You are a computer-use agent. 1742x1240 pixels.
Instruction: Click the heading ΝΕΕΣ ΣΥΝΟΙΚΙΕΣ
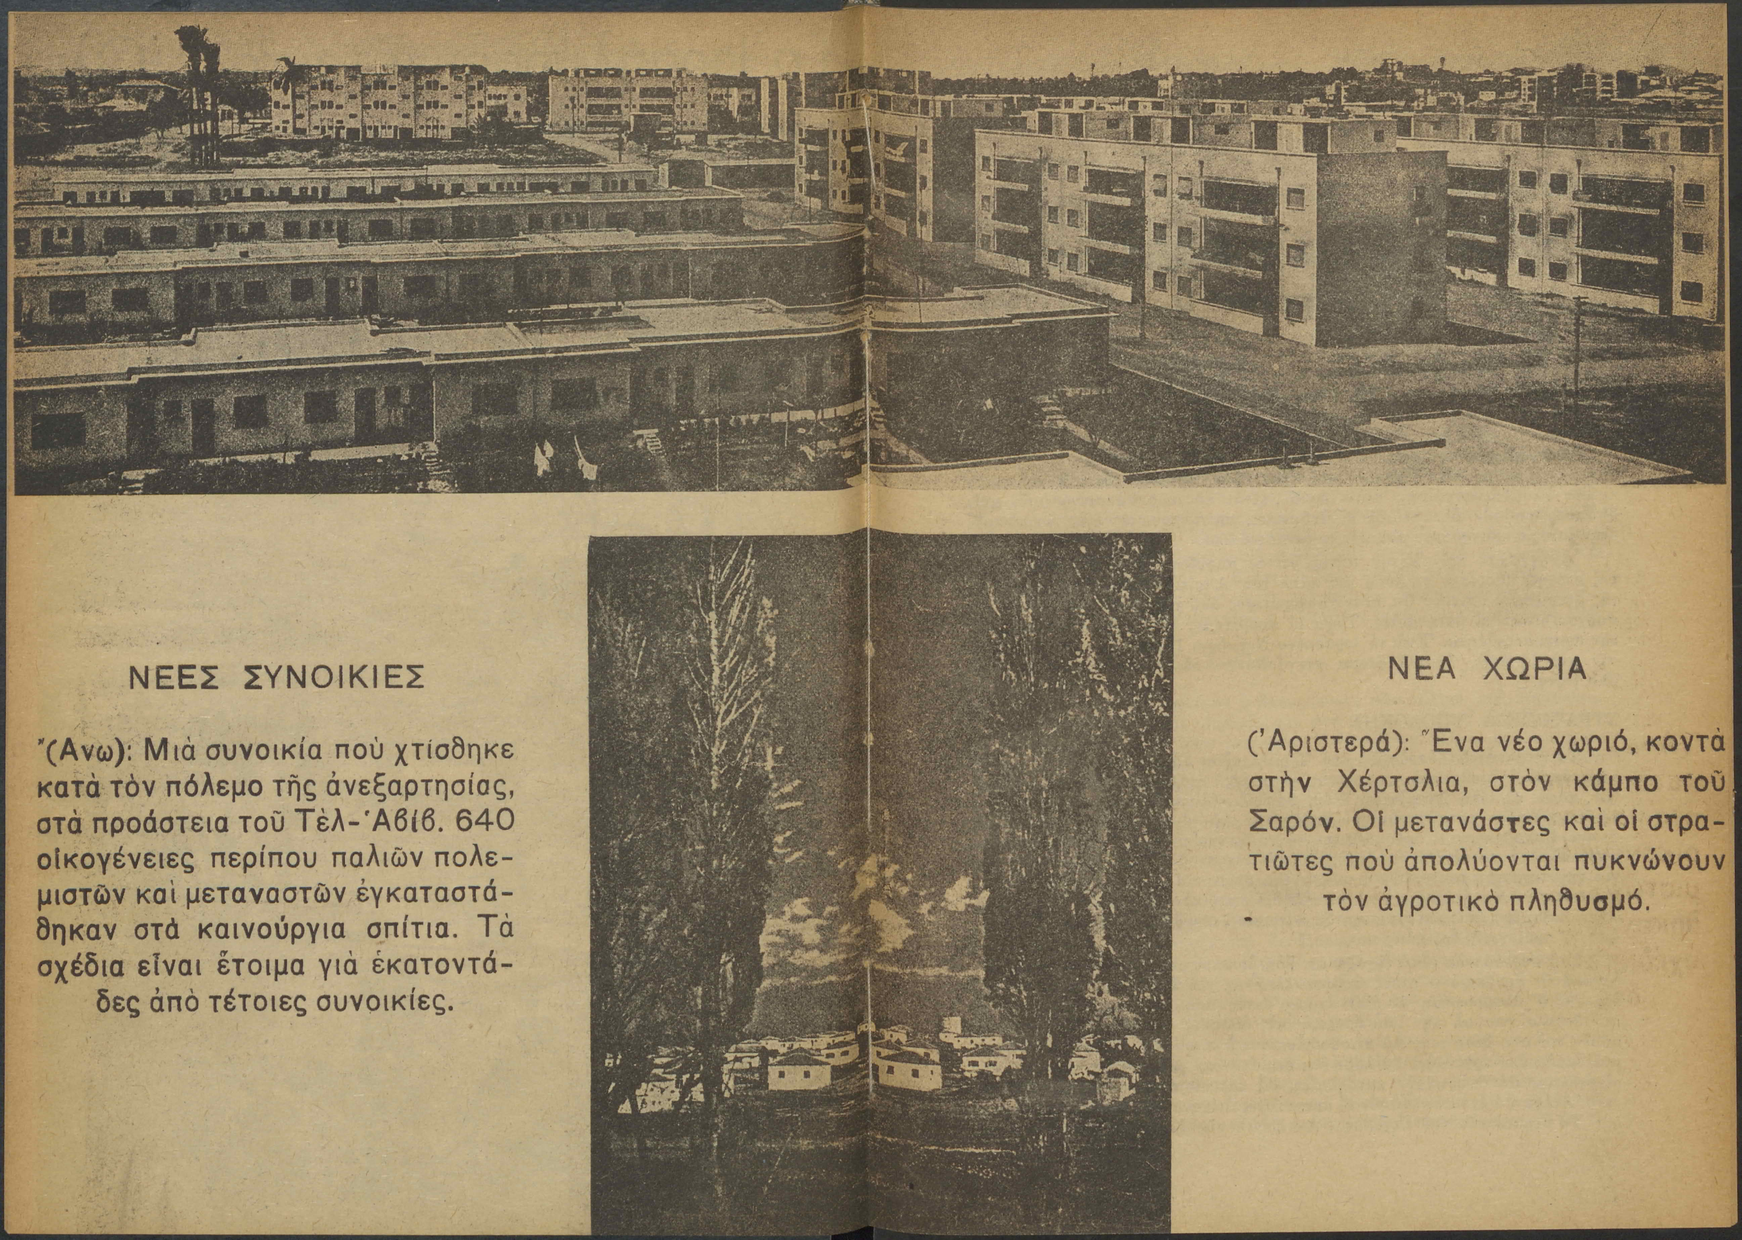274,677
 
